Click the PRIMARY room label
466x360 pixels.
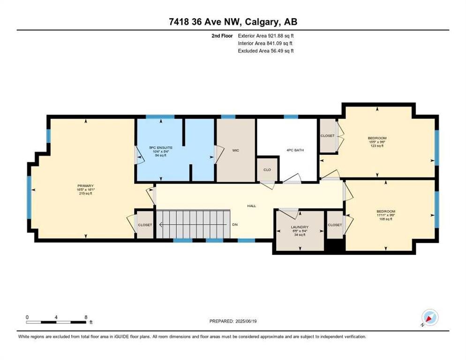tap(85, 186)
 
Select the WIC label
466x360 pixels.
tap(235, 150)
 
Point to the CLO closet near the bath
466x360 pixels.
tap(267, 170)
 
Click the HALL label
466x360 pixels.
tap(252, 206)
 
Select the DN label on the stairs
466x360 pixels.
tap(235, 225)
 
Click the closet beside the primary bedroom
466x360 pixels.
tap(145, 225)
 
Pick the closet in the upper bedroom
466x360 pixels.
tap(327, 135)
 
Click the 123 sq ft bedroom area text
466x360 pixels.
tap(377, 146)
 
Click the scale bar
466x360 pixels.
tap(57, 322)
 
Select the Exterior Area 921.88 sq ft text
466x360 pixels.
tap(265, 35)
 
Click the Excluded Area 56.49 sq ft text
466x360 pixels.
tap(265, 51)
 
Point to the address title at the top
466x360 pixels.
tap(233, 22)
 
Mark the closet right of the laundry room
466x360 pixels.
tap(335, 225)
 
